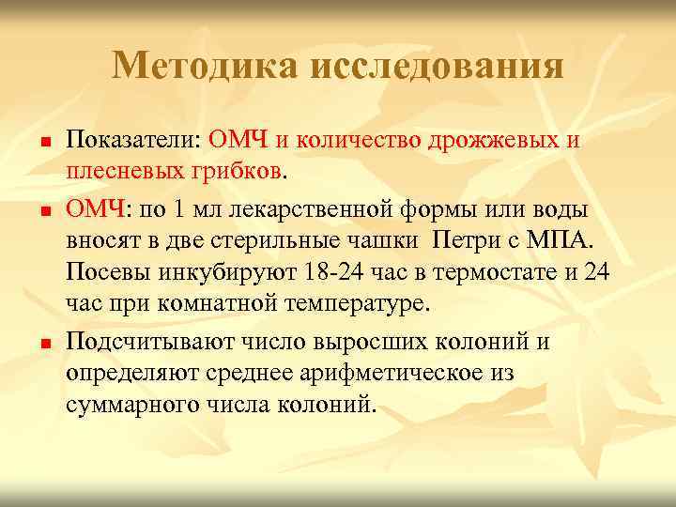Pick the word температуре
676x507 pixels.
361,305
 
